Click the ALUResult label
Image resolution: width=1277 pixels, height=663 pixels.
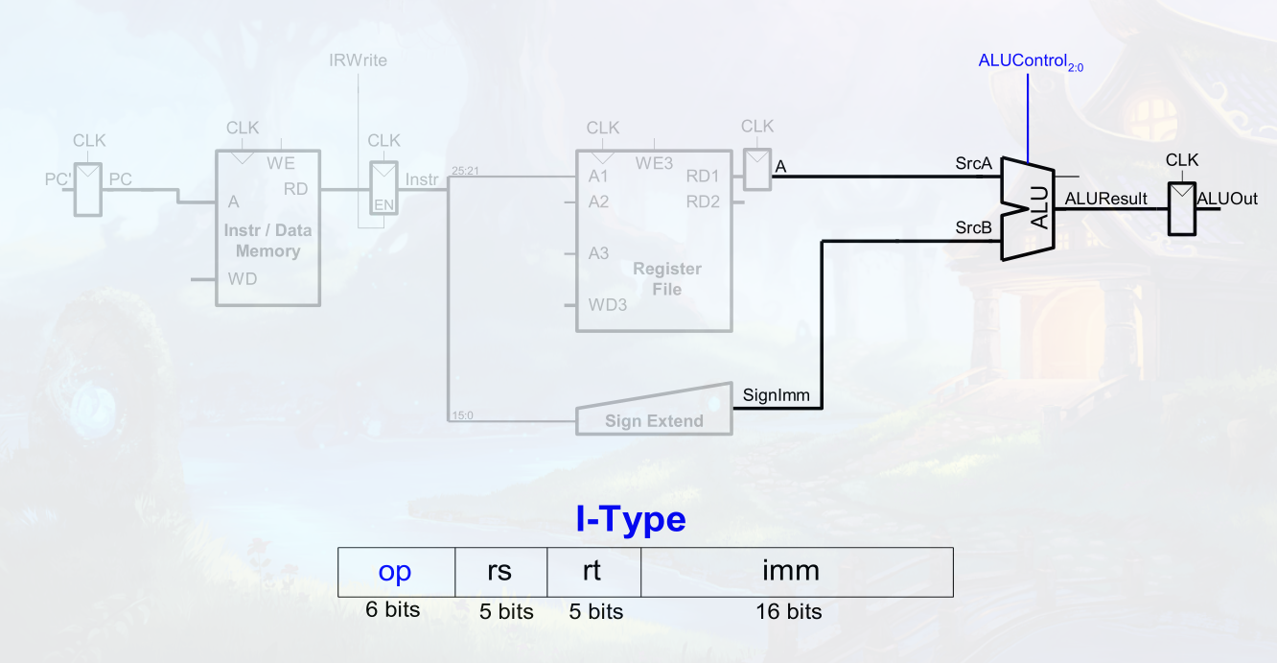pos(1106,199)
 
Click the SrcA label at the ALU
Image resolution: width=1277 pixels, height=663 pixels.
pos(973,164)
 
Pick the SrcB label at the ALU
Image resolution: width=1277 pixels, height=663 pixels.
pos(973,227)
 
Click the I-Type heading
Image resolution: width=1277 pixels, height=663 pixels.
pos(631,519)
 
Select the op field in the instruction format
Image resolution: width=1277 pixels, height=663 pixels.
pos(396,572)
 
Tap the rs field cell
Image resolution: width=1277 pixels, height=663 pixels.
pos(500,572)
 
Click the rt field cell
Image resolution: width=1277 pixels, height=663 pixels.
pos(592,572)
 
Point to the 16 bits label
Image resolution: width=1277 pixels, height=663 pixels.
pos(790,611)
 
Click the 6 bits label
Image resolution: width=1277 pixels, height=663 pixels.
pos(392,609)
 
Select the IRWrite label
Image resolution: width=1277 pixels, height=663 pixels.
pos(359,61)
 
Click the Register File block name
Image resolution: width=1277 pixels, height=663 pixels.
pos(667,279)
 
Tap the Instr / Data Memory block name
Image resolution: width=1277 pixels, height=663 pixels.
pos(267,241)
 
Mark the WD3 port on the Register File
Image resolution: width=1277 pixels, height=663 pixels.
pos(608,306)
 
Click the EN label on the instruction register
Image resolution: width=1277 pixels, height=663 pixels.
pos(384,204)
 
